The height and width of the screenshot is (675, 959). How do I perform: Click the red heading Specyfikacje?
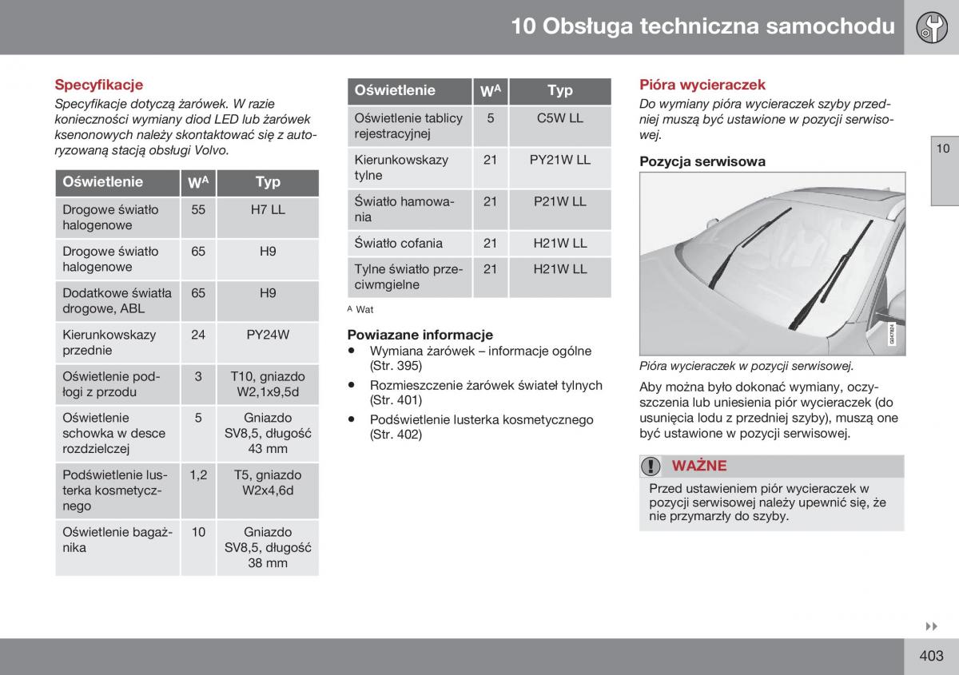pos(98,85)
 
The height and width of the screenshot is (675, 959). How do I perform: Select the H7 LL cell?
pos(268,210)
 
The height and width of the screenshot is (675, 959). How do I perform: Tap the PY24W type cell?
pos(268,335)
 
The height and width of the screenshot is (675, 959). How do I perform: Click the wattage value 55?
pos(198,210)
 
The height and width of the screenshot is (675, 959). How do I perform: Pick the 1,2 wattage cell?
pos(198,475)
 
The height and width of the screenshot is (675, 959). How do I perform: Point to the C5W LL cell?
pos(560,118)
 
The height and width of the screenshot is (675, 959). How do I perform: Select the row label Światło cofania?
pos(398,243)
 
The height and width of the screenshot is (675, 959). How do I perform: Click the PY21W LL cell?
pos(560,160)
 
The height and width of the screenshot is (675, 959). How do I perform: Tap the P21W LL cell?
pos(560,201)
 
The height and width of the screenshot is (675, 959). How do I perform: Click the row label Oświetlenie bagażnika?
pos(117,540)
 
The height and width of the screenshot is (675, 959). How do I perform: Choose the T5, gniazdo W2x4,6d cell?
pos(268,482)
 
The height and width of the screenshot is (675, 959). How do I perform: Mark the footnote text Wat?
pos(364,309)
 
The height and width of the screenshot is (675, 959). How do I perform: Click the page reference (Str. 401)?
pos(396,400)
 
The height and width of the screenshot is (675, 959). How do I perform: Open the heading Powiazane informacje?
pos(420,335)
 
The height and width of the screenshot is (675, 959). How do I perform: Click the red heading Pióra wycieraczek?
pos(702,85)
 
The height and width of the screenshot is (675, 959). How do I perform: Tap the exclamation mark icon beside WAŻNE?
pos(651,466)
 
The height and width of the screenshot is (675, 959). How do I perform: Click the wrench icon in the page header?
pos(932,27)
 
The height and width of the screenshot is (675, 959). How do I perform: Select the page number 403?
pos(931,656)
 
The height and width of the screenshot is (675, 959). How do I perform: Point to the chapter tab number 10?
pos(943,149)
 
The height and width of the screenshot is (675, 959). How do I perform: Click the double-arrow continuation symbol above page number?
pos(931,626)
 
